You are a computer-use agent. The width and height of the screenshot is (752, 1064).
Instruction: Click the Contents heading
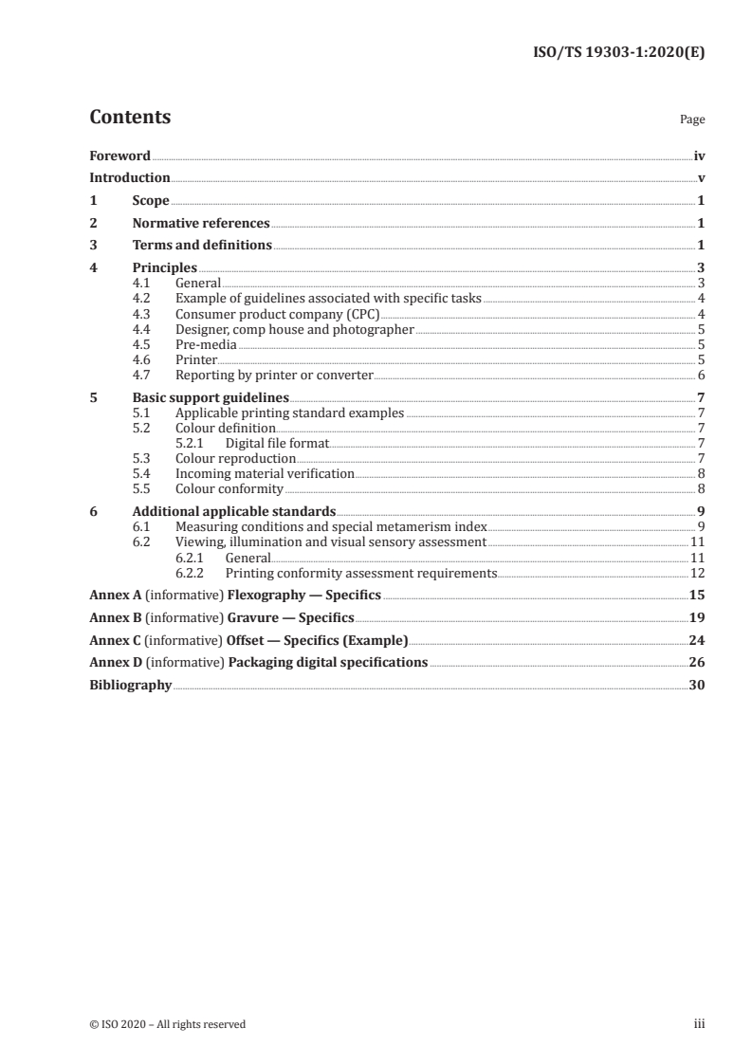point(130,118)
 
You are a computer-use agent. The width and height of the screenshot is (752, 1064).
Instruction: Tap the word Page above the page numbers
point(692,120)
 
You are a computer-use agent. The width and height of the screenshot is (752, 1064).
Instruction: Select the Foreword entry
point(119,156)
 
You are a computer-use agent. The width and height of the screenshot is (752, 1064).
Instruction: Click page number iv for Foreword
point(699,156)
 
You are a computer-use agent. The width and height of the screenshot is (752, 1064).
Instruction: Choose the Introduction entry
point(129,178)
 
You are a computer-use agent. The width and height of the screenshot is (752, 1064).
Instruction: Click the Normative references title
point(201,224)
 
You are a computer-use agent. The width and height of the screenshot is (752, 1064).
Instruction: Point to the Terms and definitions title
point(202,246)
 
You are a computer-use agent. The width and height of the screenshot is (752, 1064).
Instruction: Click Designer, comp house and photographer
point(295,329)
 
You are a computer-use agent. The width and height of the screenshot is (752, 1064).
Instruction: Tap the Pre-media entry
point(206,345)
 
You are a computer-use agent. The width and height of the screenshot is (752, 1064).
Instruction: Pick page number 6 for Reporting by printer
point(700,376)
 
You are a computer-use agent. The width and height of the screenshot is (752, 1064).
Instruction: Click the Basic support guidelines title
point(211,398)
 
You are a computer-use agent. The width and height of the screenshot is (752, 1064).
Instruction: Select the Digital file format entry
point(277,443)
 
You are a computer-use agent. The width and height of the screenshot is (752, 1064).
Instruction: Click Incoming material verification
point(265,473)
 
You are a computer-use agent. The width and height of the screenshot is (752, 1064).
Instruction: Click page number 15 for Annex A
point(697,596)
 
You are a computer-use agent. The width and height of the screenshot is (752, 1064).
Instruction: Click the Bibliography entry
point(130,685)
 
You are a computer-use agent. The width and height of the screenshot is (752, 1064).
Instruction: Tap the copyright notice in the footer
point(167,1024)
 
